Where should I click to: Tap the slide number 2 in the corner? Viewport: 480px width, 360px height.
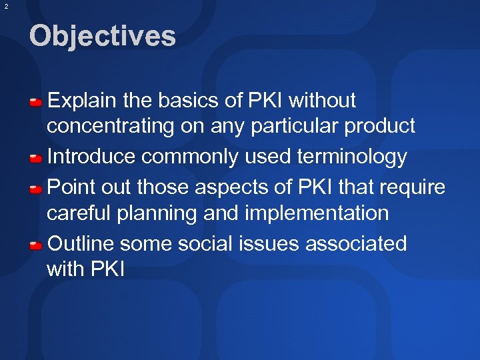6,6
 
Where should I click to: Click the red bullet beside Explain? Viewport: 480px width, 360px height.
36,102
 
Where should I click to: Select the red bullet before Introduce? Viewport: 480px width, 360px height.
36,159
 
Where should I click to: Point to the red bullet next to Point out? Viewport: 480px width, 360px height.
36,189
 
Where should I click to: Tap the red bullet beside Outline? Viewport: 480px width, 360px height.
36,245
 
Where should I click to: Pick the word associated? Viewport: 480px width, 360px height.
356,244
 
